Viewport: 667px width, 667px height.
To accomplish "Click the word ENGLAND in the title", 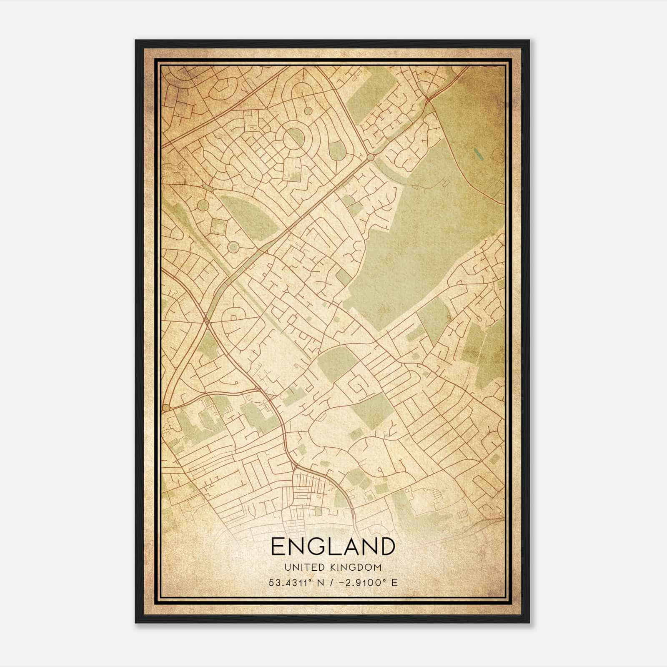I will click(x=333, y=547).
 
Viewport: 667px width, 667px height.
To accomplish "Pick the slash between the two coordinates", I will click(x=332, y=582).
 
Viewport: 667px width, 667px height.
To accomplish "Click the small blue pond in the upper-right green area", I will click(x=477, y=155).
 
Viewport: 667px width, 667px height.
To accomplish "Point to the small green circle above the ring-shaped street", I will click(x=308, y=111).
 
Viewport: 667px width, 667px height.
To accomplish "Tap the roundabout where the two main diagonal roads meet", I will click(x=370, y=158).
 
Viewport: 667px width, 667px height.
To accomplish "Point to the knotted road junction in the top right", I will click(x=429, y=101).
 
